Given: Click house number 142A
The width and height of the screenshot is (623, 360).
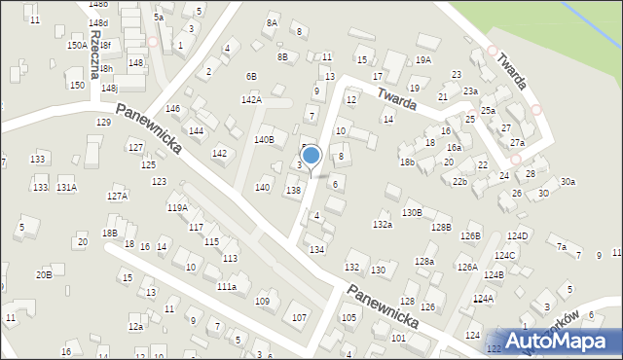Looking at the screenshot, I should tap(251, 99).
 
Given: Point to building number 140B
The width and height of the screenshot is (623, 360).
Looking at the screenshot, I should tap(264, 140).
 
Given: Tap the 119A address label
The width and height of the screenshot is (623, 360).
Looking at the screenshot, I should tap(177, 207).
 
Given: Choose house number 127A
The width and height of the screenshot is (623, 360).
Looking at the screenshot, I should tap(117, 196).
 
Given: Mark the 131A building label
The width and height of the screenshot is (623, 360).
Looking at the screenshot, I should tap(66, 187).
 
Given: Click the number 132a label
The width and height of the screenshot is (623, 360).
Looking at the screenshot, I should tap(383, 225).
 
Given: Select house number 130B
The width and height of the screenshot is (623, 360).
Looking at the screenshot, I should tap(412, 212).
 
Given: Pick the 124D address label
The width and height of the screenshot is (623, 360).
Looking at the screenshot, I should tap(517, 236).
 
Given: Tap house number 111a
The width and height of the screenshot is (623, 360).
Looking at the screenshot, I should tap(226, 287).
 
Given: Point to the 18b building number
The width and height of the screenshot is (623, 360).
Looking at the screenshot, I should tap(407, 162).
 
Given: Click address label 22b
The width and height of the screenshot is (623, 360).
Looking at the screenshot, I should tap(459, 182).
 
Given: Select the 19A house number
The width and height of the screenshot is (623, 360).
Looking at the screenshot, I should tap(422, 60).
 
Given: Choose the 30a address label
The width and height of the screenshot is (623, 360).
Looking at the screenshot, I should tap(568, 181).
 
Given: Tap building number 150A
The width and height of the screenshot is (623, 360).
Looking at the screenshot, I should tap(77, 45).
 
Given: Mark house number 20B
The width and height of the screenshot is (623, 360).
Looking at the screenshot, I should tap(44, 274).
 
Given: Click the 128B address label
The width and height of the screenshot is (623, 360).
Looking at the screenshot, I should tap(442, 227).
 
